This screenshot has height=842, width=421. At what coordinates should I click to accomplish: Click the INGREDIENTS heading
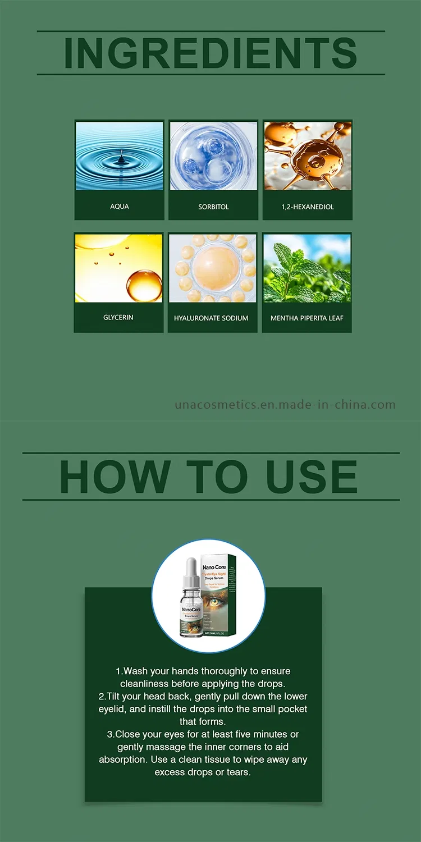210,53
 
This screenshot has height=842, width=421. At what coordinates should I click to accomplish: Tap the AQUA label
120,207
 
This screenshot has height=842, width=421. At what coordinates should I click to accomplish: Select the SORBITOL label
213,207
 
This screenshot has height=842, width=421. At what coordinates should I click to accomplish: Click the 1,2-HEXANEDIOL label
308,207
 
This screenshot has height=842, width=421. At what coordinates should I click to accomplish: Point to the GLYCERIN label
118,317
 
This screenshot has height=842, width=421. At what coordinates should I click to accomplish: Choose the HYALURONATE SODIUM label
211,318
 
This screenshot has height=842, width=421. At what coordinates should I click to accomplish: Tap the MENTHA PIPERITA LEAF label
307,318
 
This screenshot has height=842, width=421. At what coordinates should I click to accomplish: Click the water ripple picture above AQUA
120,156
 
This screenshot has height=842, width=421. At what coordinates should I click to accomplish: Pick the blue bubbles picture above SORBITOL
213,156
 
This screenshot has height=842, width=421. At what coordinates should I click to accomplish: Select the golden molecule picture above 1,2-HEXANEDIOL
308,156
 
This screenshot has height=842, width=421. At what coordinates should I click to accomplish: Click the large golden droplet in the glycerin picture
144,285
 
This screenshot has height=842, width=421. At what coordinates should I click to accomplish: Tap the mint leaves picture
307,268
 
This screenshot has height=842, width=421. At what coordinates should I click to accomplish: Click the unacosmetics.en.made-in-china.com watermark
285,405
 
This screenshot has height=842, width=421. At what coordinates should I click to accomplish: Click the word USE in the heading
312,477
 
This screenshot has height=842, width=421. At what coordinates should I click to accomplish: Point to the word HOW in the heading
115,477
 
